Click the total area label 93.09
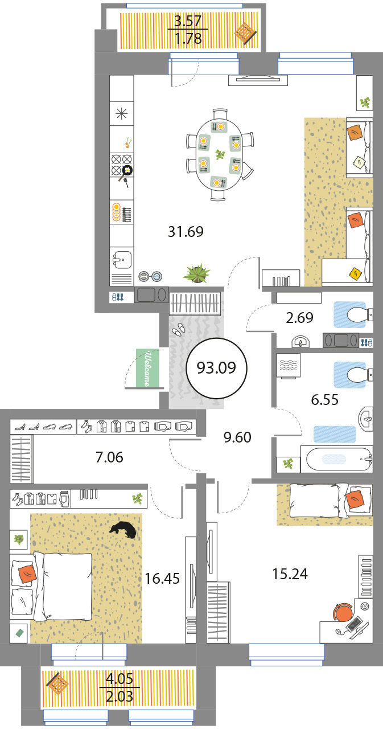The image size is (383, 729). pos(216,368)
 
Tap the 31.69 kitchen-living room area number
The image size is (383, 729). pos(186,232)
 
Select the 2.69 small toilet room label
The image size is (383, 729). pos(299,318)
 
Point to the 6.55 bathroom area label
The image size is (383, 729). pos(324,400)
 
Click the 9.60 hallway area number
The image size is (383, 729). pos(237,437)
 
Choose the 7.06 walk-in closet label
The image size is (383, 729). pos(109,457)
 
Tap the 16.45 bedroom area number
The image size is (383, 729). pos(162,579)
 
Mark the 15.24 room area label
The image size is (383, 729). pos(290,574)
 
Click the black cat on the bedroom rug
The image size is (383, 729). pos(123,530)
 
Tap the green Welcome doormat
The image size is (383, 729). pos(147,368)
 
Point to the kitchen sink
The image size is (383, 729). pos(122,260)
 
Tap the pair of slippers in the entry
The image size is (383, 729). pos(179,329)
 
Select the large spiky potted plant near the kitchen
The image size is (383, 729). pos(196,273)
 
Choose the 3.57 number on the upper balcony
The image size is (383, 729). pos(188,21)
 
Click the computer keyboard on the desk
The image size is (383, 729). pos(354,624)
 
